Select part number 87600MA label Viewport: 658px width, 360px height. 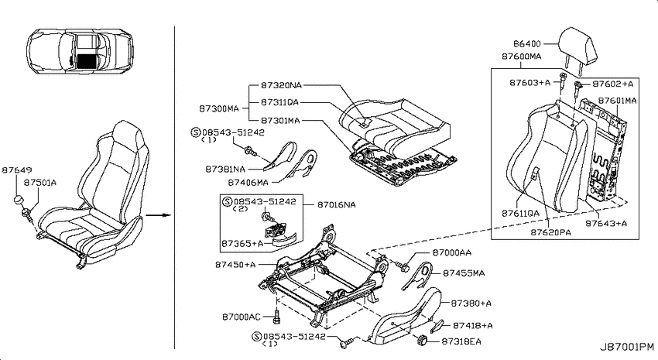pos(522,57)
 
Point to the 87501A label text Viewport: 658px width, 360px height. pos(39,183)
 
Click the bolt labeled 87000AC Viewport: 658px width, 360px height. pos(276,317)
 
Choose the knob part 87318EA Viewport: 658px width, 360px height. pos(422,341)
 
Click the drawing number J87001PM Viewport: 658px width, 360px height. pos(626,347)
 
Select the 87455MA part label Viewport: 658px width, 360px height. pos(464,273)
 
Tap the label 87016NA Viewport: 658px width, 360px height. pos(337,204)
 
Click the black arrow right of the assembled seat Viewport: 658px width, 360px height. pos(158,215)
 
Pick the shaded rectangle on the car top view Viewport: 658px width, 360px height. pos(87,62)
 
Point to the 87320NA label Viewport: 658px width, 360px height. pos(281,86)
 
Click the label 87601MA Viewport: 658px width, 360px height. pos(617,101)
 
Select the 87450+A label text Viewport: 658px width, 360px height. pos(235,265)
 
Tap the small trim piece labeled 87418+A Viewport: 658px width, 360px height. pos(437,325)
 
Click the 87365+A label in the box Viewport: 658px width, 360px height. pos(242,244)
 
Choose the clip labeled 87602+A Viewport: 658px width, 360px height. pos(577,86)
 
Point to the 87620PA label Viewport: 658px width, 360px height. pos(550,232)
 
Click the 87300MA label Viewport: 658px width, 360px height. pos(218,109)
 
